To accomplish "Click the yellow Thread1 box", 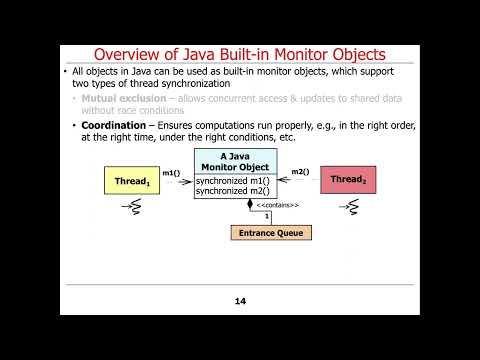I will [131, 181].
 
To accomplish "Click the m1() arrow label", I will [171, 173].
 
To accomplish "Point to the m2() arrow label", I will [299, 172].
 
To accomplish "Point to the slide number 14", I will [240, 301].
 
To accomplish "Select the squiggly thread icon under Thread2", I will [348, 207].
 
